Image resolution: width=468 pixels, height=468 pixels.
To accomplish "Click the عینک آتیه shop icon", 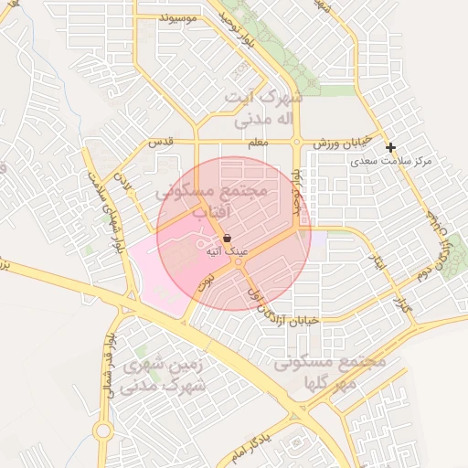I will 227,237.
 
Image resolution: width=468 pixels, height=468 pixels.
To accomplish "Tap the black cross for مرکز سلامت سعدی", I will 390,147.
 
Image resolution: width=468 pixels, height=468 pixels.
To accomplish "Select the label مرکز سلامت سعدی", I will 394,162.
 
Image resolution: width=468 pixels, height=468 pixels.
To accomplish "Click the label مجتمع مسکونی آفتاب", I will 211,201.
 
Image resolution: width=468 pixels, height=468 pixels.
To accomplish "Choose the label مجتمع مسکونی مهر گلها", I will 331,371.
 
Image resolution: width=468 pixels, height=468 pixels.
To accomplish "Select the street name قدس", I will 161,144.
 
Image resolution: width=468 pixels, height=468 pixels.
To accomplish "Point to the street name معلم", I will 260,144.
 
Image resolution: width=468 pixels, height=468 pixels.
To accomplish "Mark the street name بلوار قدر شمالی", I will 111,343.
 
